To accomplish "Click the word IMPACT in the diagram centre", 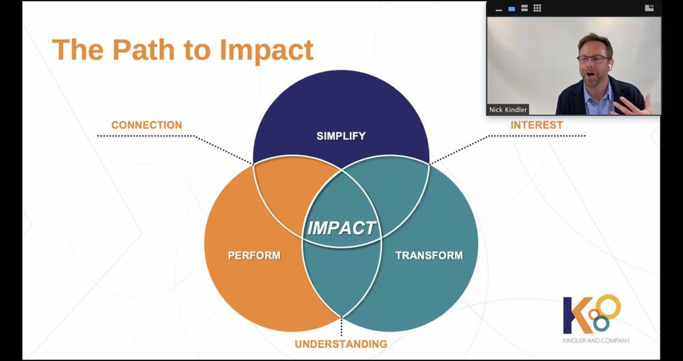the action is tap(341, 228).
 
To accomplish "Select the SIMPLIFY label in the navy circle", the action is tap(341, 136).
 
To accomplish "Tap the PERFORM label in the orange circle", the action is tap(254, 255).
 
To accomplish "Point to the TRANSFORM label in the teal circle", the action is tap(429, 255).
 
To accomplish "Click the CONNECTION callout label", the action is tap(147, 125).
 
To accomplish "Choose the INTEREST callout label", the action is tap(537, 125).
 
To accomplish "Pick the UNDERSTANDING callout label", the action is tap(341, 344).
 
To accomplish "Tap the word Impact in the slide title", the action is tap(266, 50).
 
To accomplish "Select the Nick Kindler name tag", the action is tap(507, 110).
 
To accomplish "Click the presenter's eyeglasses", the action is tap(593, 59).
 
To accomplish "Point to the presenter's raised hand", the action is tap(632, 104).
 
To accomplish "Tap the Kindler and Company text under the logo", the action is tap(596, 341).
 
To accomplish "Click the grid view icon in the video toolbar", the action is tap(537, 8).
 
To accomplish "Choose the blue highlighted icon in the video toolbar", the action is tap(512, 9).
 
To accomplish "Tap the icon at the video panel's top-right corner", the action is tap(649, 8).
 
